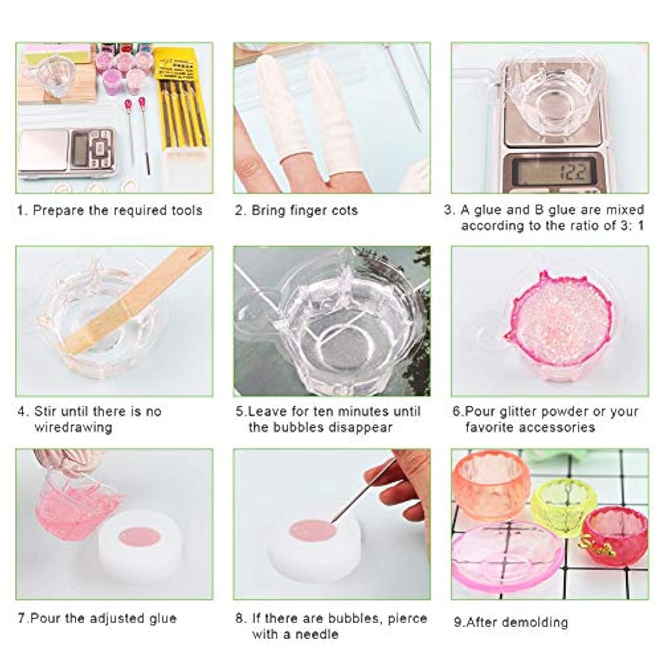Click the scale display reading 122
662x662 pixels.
(x=554, y=171)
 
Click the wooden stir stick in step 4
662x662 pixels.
(x=137, y=299)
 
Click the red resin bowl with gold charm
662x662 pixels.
(x=614, y=536)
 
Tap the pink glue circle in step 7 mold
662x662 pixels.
(x=140, y=537)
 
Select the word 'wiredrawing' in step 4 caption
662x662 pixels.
(x=73, y=427)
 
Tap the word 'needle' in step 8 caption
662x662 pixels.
(x=317, y=634)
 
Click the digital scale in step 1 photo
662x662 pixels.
(x=67, y=153)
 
